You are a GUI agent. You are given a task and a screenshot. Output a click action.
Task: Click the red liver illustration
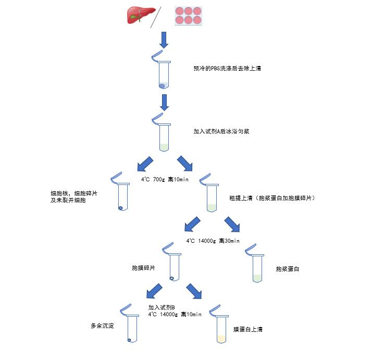click(x=141, y=15)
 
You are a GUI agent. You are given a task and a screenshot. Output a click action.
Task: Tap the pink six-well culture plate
click(x=189, y=16)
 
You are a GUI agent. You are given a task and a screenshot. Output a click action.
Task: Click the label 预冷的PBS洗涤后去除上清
click(x=227, y=68)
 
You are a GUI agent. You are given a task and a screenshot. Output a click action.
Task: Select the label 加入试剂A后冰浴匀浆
click(x=221, y=131)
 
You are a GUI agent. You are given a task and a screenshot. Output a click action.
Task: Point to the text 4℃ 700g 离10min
click(x=165, y=179)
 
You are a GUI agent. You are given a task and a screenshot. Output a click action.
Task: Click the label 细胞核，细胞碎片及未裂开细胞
click(x=74, y=197)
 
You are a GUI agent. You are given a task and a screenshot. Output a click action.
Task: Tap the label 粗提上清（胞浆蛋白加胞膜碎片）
click(x=272, y=198)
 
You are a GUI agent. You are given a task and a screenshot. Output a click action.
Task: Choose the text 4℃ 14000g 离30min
click(x=213, y=241)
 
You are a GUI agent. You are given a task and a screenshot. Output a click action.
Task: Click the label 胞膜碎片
click(x=143, y=268)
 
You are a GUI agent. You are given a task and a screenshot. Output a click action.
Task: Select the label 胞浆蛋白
click(x=287, y=269)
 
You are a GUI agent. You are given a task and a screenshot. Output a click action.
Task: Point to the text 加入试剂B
click(x=162, y=307)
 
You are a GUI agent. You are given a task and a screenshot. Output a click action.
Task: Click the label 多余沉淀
click(x=102, y=326)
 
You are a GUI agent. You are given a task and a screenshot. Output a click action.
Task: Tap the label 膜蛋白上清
click(x=248, y=329)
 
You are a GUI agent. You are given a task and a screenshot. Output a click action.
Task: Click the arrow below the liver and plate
click(x=164, y=40)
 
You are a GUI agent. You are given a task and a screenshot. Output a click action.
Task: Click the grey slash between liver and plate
click(x=156, y=17)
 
